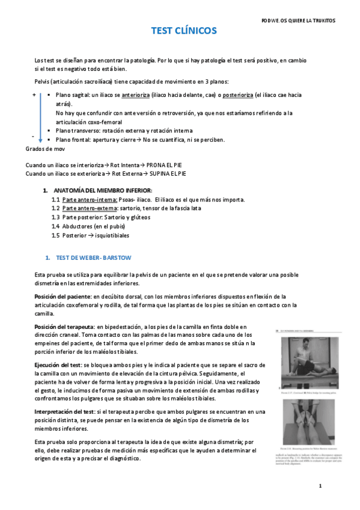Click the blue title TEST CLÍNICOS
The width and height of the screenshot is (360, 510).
183,31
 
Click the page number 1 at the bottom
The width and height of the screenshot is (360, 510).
320,485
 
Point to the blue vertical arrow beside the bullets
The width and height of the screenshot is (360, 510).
40,117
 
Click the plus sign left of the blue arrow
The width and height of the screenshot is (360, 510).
34,95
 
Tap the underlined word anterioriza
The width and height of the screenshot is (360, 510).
136,95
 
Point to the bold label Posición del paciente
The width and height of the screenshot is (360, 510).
63,296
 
